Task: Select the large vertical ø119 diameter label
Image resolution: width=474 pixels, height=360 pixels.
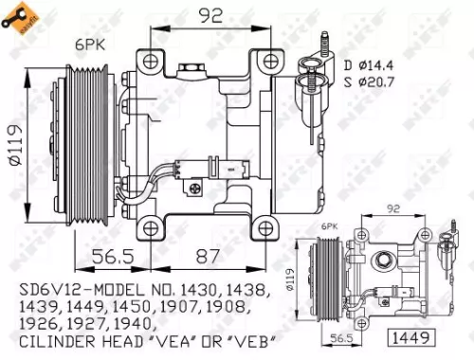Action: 16,144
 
